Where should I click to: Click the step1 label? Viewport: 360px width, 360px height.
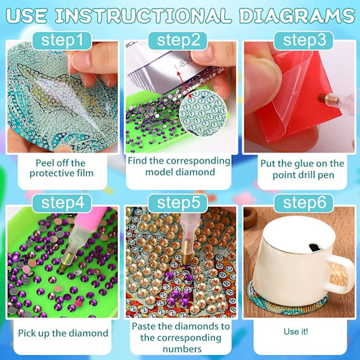click(62, 41)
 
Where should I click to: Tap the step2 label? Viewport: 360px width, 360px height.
click(178, 41)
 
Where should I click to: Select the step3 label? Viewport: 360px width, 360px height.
click(304, 41)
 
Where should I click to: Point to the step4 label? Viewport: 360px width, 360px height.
click(62, 203)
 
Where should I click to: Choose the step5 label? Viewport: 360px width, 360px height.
click(178, 203)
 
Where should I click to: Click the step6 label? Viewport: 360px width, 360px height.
click(304, 203)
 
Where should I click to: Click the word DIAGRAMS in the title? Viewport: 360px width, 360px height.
click(297, 16)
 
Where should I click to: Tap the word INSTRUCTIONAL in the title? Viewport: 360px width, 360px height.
click(143, 16)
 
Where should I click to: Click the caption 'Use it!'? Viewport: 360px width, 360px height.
click(296, 332)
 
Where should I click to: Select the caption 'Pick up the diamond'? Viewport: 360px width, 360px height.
click(63, 334)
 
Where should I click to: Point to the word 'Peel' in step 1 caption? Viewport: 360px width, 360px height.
click(44, 163)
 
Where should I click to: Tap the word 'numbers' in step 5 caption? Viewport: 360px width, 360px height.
click(182, 349)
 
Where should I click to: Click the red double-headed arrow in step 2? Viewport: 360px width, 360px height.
click(185, 85)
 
